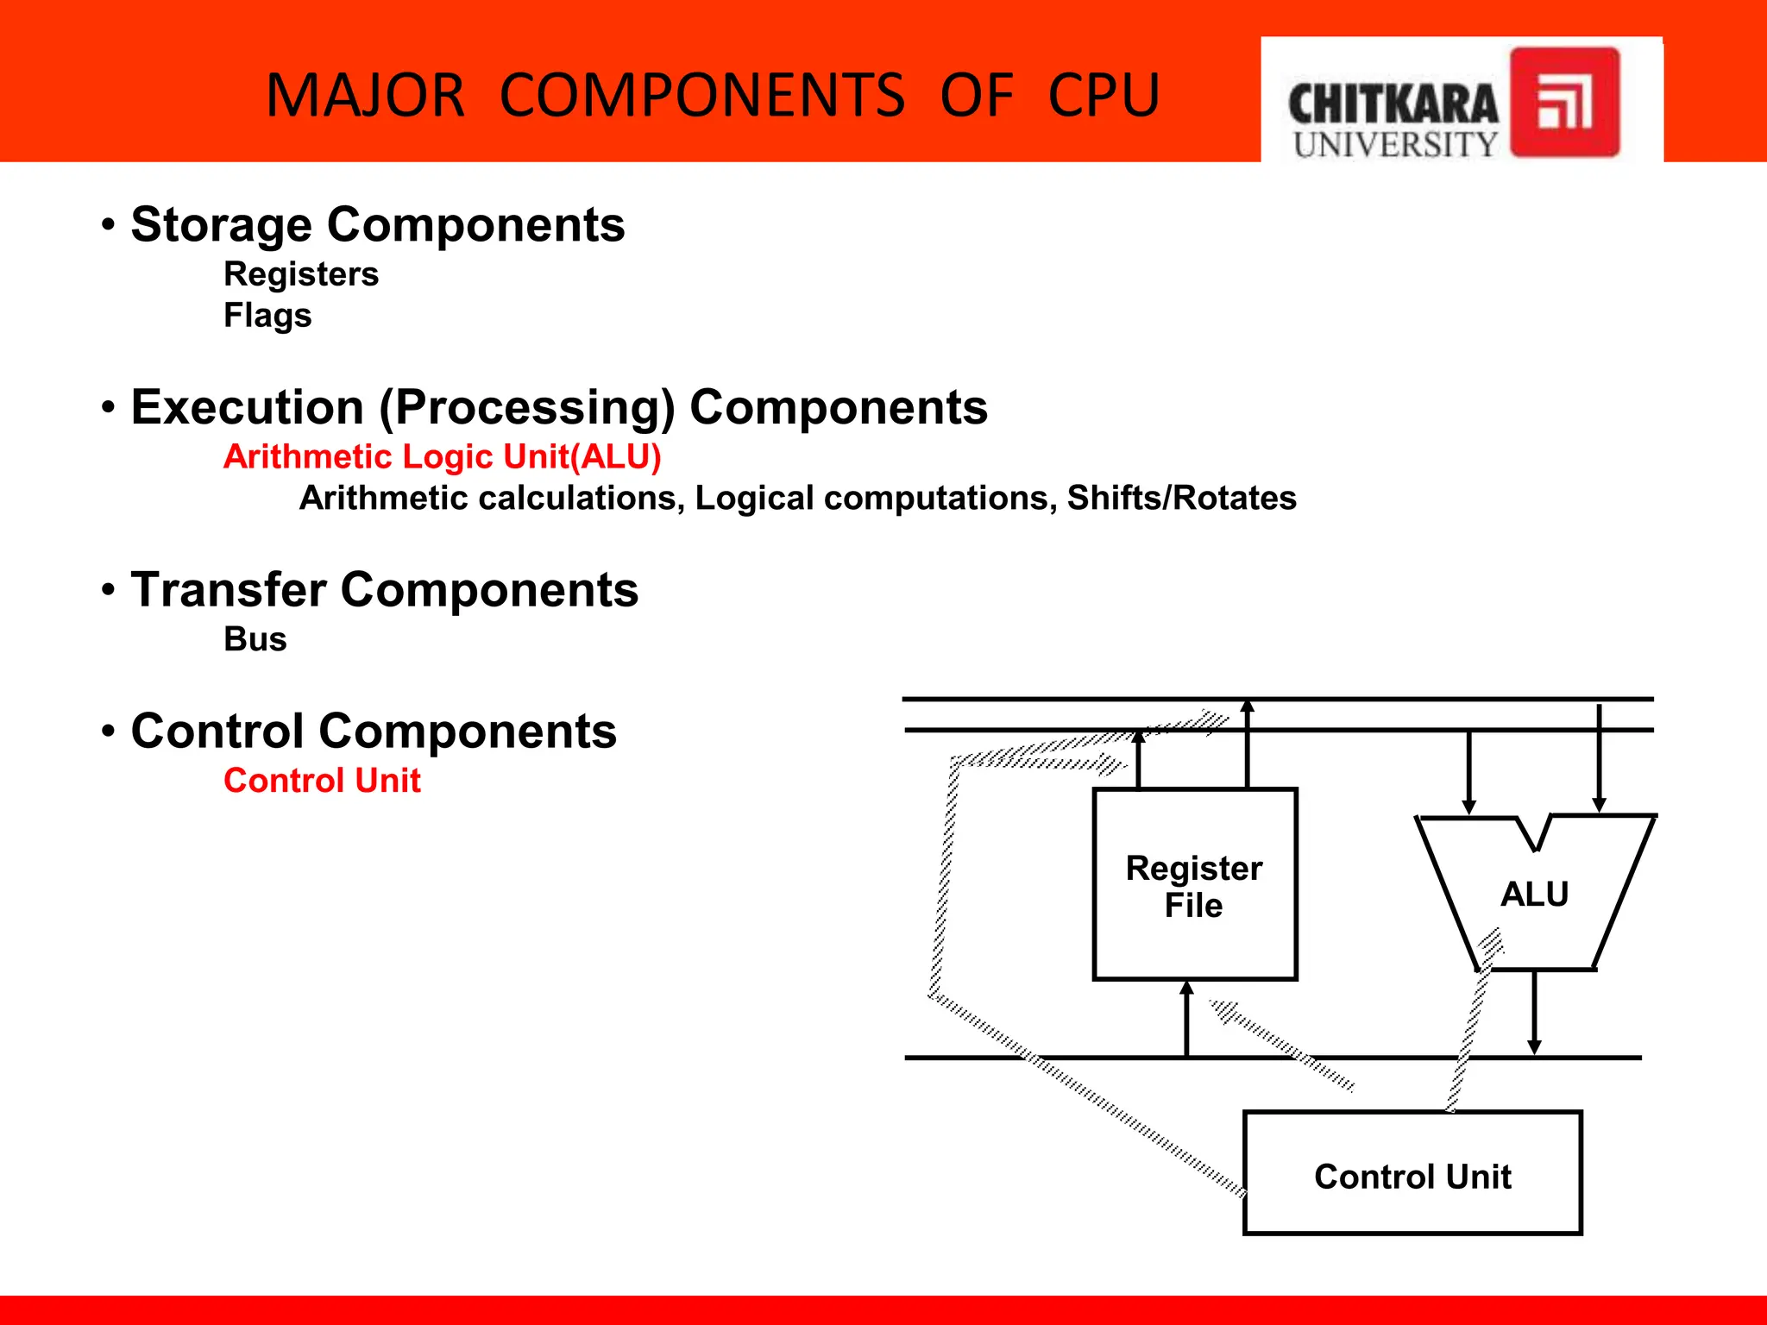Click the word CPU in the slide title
[1104, 95]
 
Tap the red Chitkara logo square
[1564, 102]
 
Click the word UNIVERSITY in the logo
[1395, 145]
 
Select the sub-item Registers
[301, 274]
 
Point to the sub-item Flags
[267, 315]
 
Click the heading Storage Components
[377, 225]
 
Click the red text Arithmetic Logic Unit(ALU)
[442, 456]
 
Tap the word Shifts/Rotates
[1181, 498]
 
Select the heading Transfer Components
[384, 590]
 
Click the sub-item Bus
[255, 639]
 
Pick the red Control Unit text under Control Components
[322, 781]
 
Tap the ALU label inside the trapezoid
[1534, 894]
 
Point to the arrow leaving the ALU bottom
[1534, 1014]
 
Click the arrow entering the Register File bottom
[1186, 1018]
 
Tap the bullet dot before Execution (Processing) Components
[108, 407]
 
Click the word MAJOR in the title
[365, 95]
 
